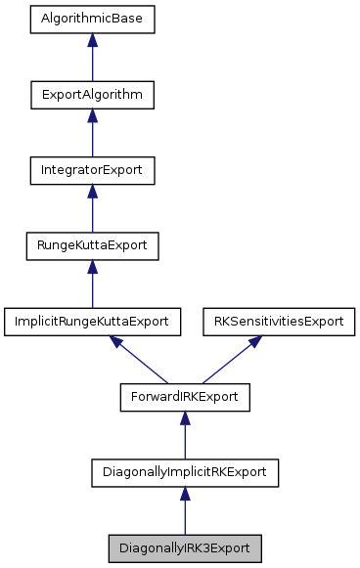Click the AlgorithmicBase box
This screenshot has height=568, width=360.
click(92, 19)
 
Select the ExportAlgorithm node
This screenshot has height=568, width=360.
click(92, 95)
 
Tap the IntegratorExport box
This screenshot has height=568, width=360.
click(92, 170)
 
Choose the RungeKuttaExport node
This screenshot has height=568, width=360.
click(92, 245)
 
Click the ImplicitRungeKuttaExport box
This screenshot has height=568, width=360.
click(92, 321)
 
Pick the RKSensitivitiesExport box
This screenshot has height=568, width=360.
click(278, 321)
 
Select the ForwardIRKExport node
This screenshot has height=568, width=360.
click(185, 397)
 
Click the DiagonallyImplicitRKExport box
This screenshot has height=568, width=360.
click(185, 472)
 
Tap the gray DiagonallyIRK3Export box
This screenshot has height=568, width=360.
click(185, 547)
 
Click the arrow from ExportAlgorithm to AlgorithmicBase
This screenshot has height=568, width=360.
click(92, 59)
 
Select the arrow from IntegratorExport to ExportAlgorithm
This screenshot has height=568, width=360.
click(92, 134)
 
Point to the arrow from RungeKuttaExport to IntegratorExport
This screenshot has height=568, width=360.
click(92, 209)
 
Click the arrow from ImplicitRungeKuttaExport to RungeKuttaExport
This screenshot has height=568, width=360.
click(92, 284)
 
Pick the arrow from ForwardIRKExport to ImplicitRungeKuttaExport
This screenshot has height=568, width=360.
click(141, 361)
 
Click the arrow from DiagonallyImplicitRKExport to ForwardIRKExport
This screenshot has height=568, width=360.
click(185, 436)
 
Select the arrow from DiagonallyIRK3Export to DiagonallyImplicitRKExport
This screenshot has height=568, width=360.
click(185, 511)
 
